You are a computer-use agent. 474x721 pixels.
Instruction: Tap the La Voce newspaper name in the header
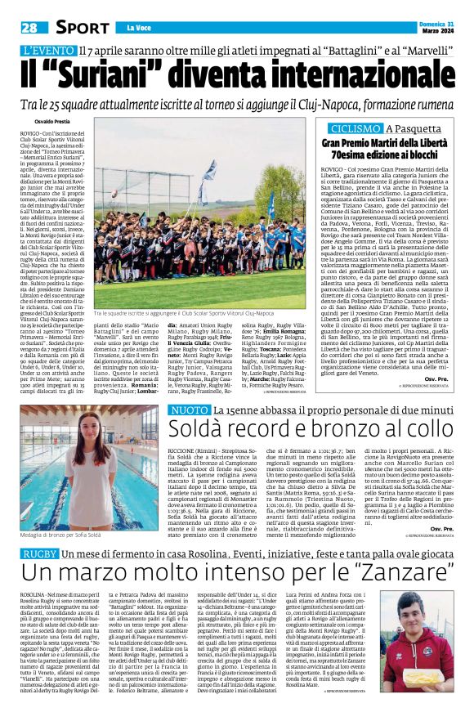132,29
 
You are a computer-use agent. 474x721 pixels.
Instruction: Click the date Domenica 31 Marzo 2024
440,29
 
